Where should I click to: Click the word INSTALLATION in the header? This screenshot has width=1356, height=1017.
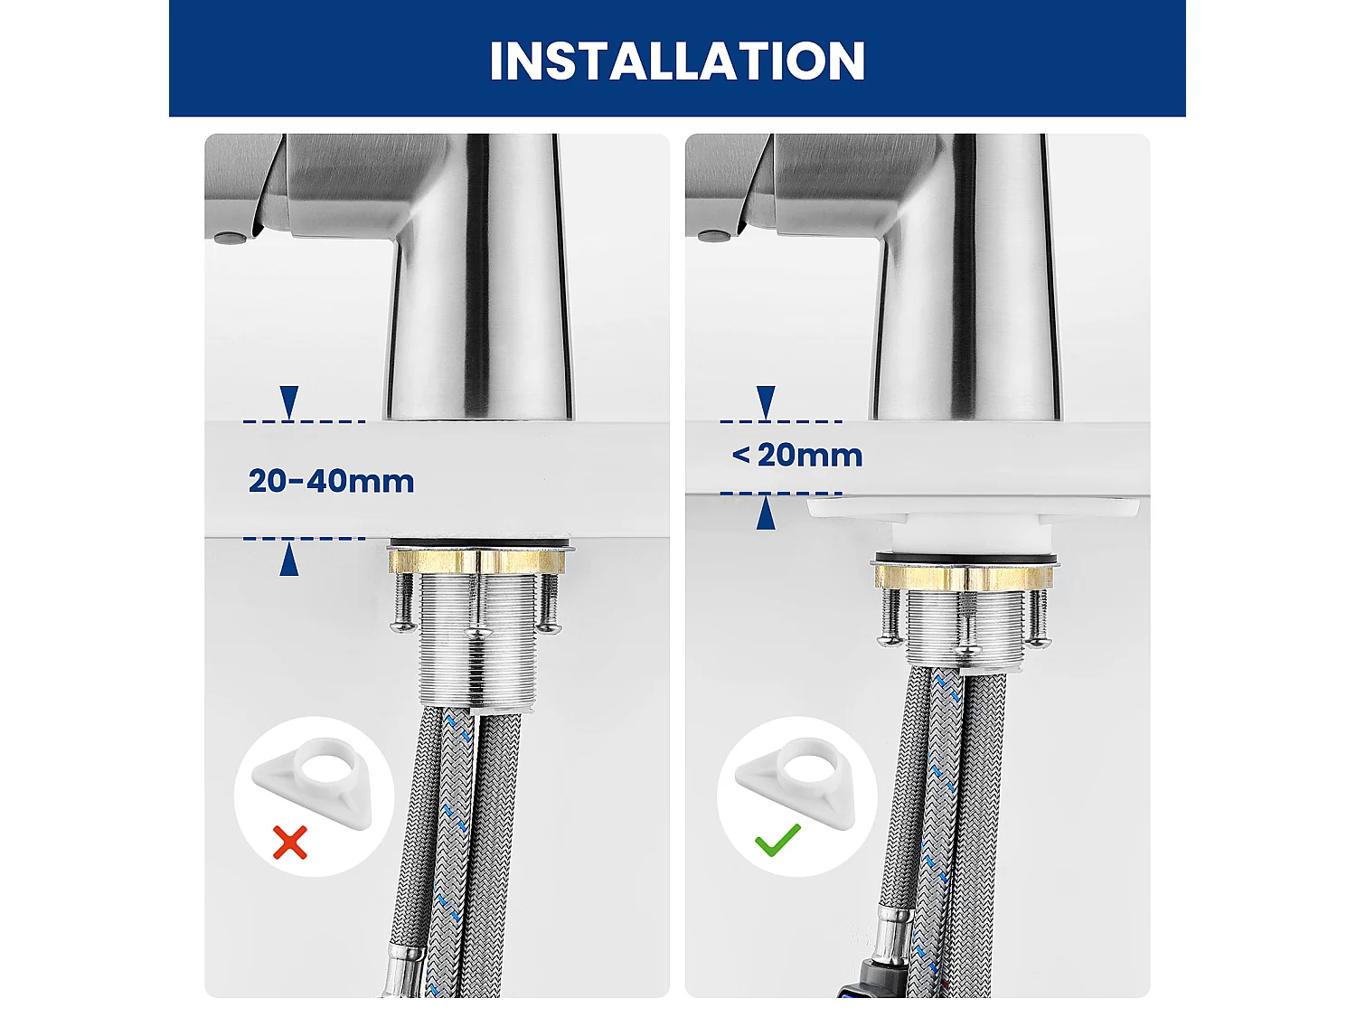677,61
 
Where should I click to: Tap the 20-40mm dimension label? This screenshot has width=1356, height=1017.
331,481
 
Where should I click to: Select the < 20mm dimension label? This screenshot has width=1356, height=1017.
797,455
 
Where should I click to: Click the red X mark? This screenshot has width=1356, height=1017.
290,843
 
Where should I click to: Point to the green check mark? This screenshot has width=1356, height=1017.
777,840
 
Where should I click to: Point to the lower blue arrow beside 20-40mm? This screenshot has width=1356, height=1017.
289,560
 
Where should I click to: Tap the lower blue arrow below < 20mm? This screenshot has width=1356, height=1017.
766,514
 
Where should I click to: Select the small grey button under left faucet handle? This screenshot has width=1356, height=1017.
230,239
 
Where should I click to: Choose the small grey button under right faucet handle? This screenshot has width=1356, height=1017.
714,237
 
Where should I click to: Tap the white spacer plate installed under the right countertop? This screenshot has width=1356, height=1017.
973,509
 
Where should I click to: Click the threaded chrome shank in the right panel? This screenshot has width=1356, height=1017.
965,628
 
